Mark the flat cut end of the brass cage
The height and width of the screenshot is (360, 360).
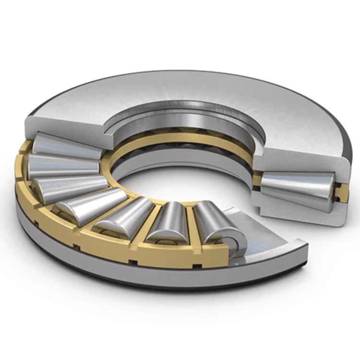coord(222,257)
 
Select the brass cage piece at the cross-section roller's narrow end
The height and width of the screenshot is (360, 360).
coord(258,182)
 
